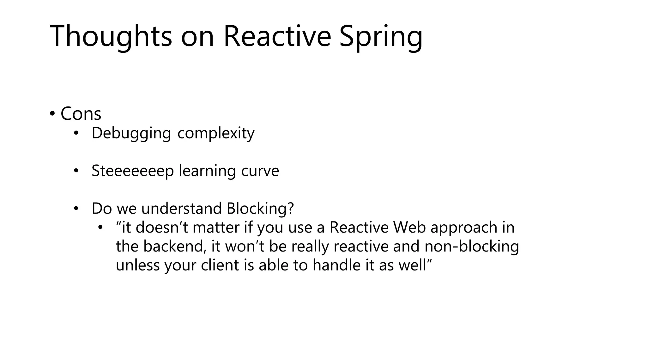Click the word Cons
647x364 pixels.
tap(81, 114)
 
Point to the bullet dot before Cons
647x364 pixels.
tap(52, 113)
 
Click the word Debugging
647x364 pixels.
tap(131, 133)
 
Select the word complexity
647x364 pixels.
tap(216, 133)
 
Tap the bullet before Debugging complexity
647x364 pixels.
tap(76, 133)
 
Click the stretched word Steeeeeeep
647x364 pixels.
tap(133, 171)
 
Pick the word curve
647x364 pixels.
tap(260, 171)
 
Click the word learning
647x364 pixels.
tap(207, 171)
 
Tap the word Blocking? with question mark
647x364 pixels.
tap(260, 209)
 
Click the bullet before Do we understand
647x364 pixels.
tap(76, 209)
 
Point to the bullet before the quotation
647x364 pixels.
tap(100, 227)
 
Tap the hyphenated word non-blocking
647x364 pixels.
tap(472, 246)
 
